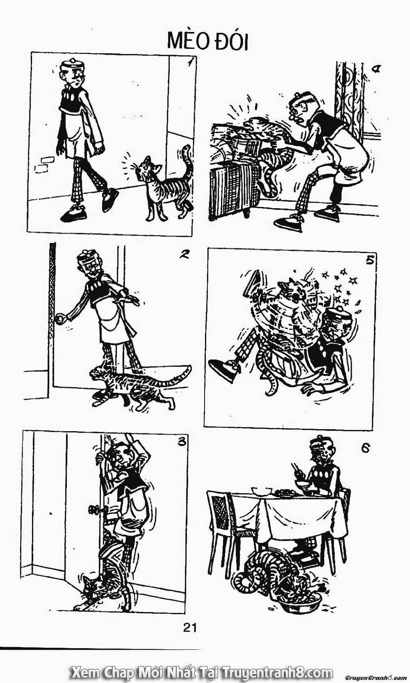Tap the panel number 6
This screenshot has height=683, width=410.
[x=365, y=448]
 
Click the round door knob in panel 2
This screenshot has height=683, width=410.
[x=61, y=318]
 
